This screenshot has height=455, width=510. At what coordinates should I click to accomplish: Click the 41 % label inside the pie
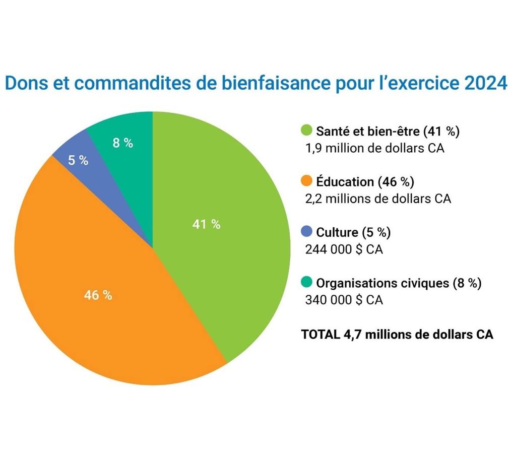tap(206, 225)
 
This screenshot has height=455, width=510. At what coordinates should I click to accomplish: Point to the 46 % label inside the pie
tap(98, 295)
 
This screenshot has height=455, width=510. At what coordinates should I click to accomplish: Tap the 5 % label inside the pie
tap(78, 161)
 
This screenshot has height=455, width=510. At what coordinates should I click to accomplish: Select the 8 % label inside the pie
tap(122, 143)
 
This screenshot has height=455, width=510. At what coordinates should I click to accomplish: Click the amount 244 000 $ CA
tap(344, 249)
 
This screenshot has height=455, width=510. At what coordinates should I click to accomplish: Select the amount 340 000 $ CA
tap(344, 300)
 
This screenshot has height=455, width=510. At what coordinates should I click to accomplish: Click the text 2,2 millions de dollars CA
tap(378, 199)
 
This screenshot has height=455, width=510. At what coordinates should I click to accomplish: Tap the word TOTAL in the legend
tap(319, 334)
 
